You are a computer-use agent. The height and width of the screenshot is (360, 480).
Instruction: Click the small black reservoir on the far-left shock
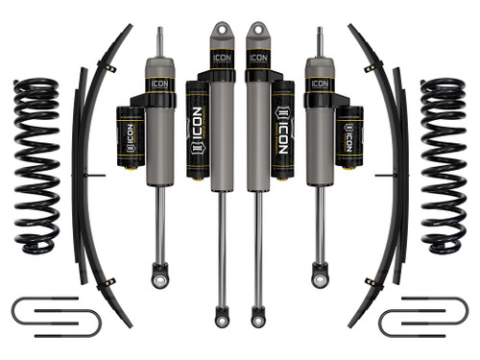129,134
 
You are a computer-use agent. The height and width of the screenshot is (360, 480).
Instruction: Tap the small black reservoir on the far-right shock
350,134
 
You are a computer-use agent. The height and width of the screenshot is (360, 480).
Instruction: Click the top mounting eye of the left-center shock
223,30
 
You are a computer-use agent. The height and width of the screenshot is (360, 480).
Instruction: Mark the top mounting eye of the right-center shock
256,30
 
